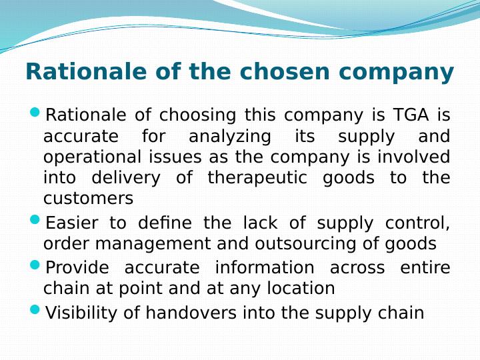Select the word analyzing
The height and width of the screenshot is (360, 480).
tap(230, 137)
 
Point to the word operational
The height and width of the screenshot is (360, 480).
tap(92, 157)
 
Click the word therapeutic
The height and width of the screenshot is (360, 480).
tap(257, 178)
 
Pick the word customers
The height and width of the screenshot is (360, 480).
tap(89, 199)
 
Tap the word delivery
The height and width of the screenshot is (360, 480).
tap(126, 178)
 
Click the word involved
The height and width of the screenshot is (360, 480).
tap(413, 157)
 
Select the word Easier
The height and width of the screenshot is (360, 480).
tap(72, 223)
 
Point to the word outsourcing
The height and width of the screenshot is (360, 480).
tap(305, 244)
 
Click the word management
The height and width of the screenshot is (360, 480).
tap(153, 244)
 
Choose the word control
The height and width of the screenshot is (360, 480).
tap(417, 223)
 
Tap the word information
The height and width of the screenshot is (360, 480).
tap(265, 267)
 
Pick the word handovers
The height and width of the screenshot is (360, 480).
tap(191, 313)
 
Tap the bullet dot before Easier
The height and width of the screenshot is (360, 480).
tap(35, 219)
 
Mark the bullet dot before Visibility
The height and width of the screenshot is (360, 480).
tap(35, 309)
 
